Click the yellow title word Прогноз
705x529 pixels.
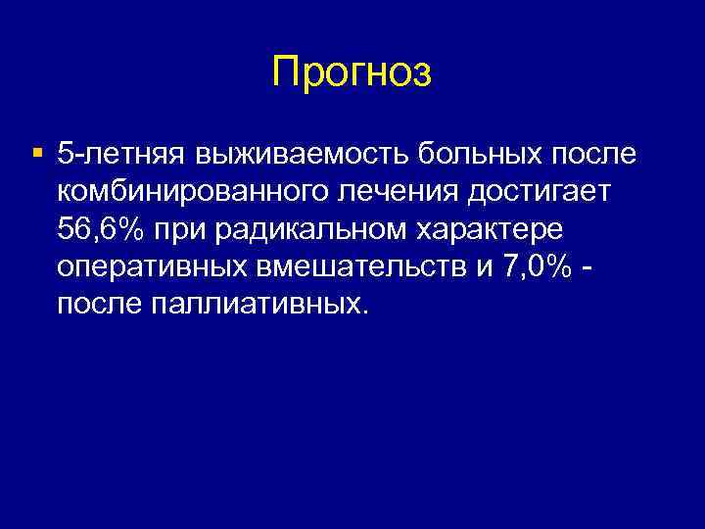point(352,72)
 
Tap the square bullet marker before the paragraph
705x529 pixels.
point(37,153)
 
